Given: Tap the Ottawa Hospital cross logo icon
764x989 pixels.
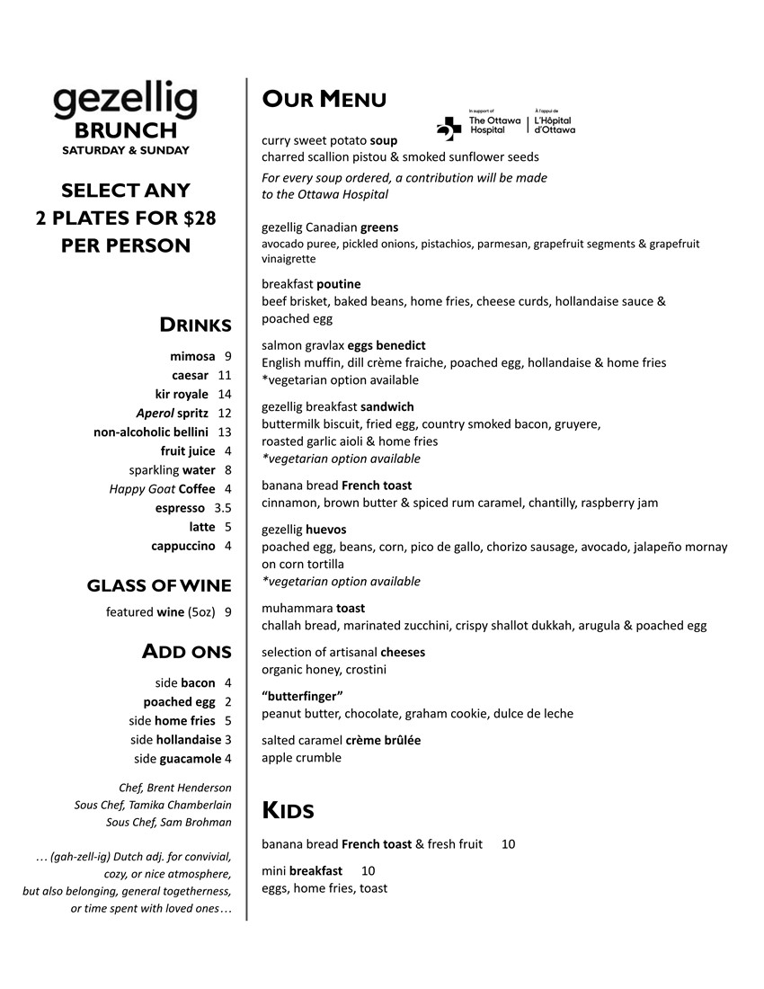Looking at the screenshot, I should [449, 129].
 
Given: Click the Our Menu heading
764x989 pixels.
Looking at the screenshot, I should [324, 99].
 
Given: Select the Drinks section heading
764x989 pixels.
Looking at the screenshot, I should [195, 325].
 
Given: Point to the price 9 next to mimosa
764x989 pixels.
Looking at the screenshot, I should [228, 356].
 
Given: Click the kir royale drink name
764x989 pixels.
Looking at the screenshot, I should [182, 394].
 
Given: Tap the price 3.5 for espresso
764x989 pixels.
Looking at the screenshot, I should [223, 508].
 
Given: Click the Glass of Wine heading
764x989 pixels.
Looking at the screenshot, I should [159, 586].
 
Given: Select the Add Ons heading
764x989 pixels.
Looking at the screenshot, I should [187, 652].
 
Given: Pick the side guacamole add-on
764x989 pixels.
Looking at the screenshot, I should [178, 758].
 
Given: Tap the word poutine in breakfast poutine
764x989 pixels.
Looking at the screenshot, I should [339, 284].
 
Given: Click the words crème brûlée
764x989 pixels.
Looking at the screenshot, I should [383, 740].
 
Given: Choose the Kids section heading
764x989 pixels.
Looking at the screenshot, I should [288, 811].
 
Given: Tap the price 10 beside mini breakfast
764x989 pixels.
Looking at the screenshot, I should [369, 870].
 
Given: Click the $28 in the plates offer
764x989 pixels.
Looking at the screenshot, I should [196, 218].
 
